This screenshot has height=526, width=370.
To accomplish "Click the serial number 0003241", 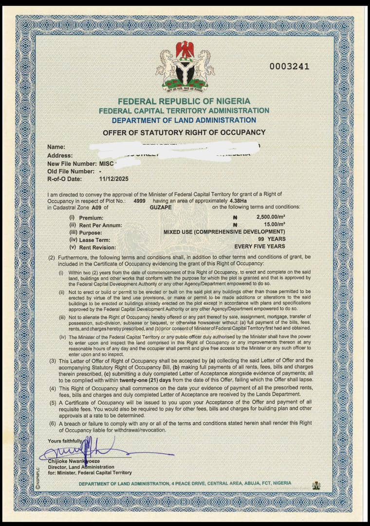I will tap(289, 67).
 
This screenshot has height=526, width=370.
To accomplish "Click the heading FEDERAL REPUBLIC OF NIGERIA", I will tap(184, 101).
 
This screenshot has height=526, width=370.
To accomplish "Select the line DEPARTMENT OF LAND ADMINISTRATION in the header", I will tap(184, 120).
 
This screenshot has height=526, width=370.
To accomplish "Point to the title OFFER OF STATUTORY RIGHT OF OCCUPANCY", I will tap(184, 132).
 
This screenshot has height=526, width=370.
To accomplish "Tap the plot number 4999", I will tap(139, 201).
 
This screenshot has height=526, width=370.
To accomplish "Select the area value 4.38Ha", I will tap(241, 201).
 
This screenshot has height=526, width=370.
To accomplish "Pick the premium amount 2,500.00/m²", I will tap(270, 218).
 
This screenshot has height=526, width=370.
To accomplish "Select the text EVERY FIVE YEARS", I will tap(259, 246).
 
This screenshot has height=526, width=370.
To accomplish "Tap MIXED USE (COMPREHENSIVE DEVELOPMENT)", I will tap(224, 232).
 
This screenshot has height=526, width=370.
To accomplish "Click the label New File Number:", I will tap(73, 164).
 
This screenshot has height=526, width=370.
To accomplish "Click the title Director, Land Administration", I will tap(78, 467).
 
